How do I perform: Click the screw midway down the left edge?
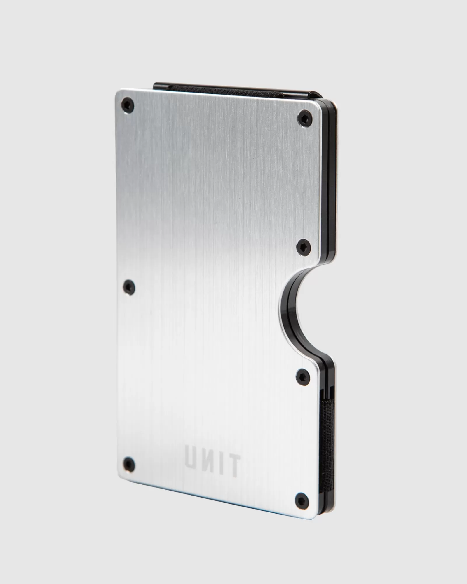(129, 286)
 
